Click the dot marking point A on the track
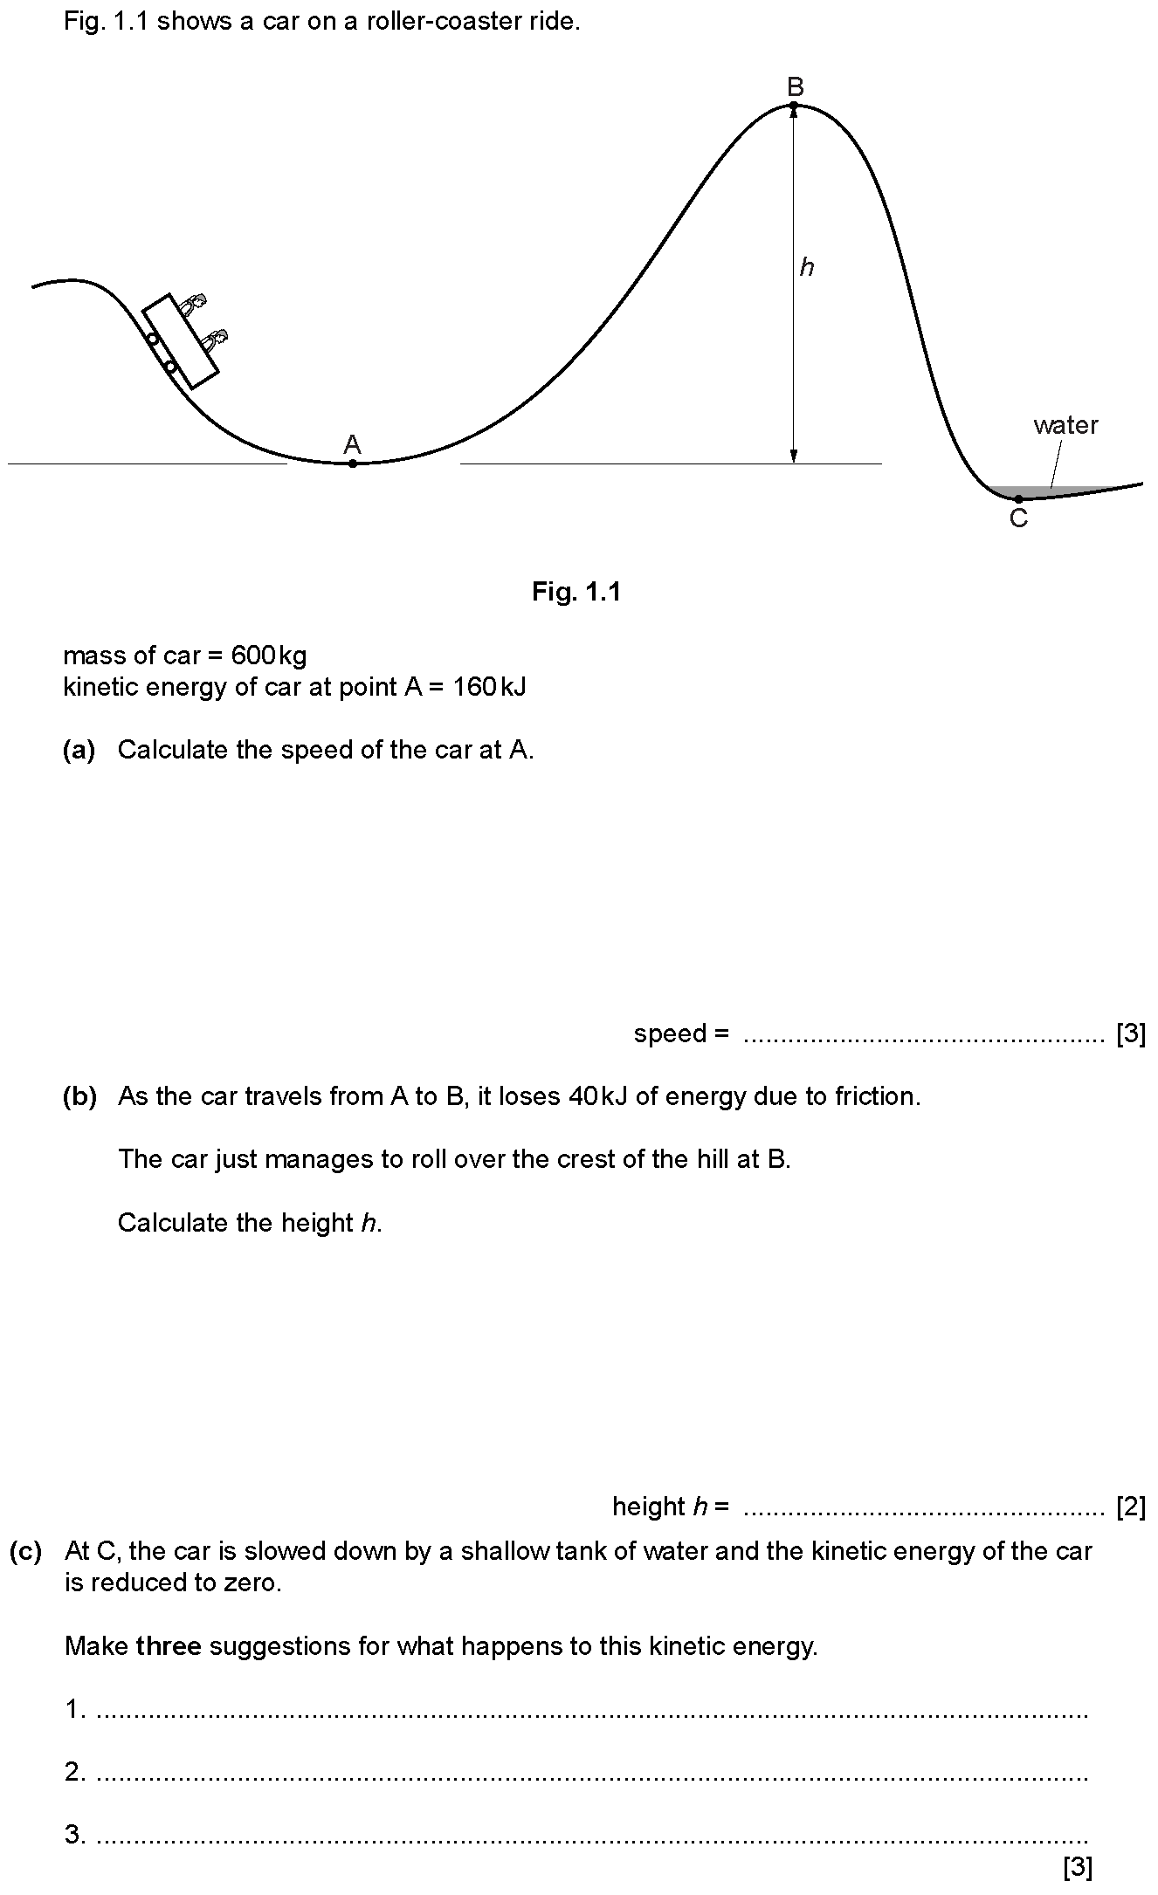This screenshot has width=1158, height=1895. pyautogui.click(x=352, y=463)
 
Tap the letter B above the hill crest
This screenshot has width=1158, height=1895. pyautogui.click(x=795, y=87)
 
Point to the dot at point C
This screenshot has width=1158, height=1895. pyautogui.click(x=1018, y=498)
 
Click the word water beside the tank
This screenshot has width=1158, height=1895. pyautogui.click(x=1065, y=425)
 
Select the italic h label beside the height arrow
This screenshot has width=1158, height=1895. pyautogui.click(x=807, y=267)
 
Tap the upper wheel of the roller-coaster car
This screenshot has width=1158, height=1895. pyautogui.click(x=152, y=339)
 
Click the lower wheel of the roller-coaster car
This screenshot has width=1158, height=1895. pyautogui.click(x=171, y=367)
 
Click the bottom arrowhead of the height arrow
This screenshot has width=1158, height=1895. pyautogui.click(x=793, y=456)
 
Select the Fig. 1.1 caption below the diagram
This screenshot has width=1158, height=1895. pyautogui.click(x=576, y=592)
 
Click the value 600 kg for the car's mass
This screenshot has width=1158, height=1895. pyautogui.click(x=269, y=656)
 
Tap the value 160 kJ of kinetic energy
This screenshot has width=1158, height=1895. pyautogui.click(x=489, y=687)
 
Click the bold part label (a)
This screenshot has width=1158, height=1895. pyautogui.click(x=79, y=750)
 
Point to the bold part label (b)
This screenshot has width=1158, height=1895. pyautogui.click(x=79, y=1096)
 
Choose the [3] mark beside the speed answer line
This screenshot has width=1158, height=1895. pyautogui.click(x=1131, y=1033)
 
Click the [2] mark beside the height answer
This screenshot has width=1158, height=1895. pyautogui.click(x=1131, y=1507)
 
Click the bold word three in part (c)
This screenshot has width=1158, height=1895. pyautogui.click(x=169, y=1646)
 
